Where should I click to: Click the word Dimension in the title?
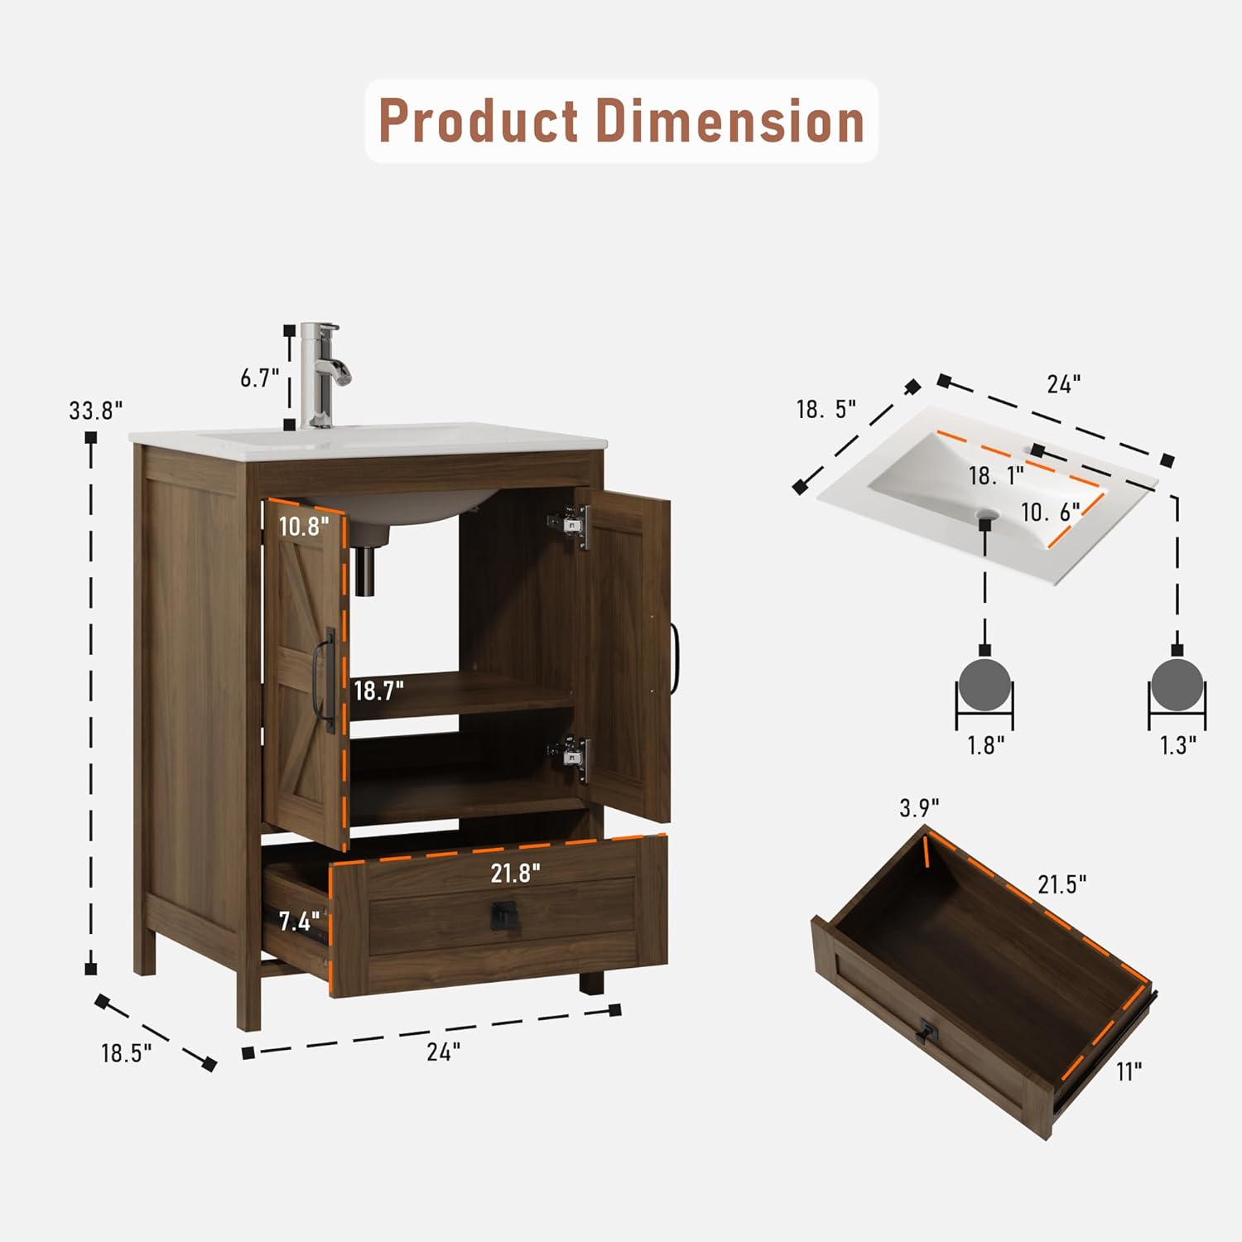click(730, 121)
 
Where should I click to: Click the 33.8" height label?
click(96, 410)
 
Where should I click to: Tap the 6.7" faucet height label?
click(260, 378)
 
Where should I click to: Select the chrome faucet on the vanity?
click(325, 375)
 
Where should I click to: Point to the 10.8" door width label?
click(304, 526)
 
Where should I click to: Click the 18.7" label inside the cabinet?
click(379, 690)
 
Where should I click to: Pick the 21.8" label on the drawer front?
click(515, 872)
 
